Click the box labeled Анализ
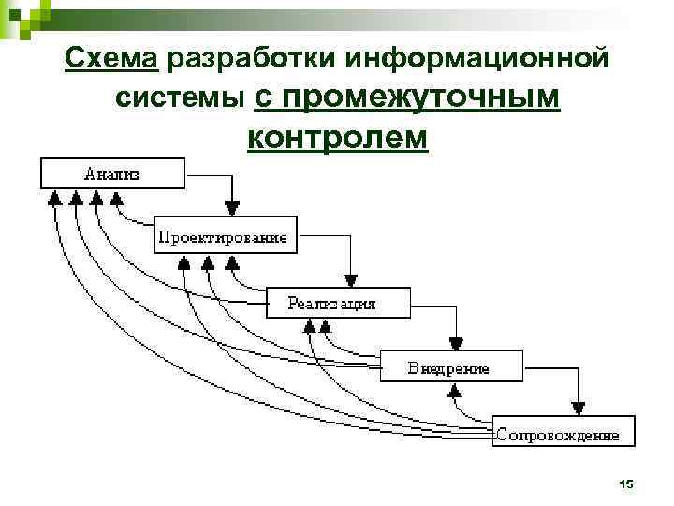(111, 173)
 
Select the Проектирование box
(224, 238)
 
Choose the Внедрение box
(450, 367)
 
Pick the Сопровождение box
(563, 433)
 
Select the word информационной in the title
(476, 59)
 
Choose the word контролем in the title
(338, 137)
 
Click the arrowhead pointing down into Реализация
(350, 279)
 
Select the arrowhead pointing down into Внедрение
(456, 343)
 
